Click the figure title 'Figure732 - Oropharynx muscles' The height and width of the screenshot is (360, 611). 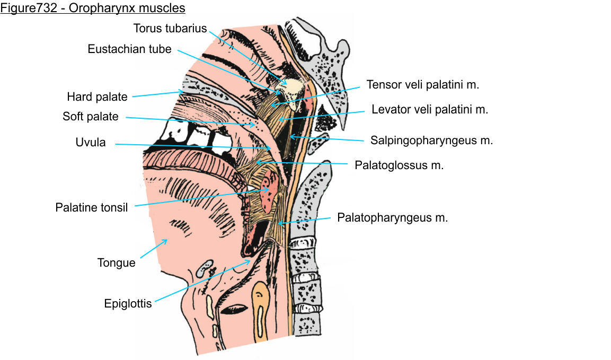click(x=93, y=8)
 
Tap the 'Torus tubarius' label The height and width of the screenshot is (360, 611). click(x=170, y=28)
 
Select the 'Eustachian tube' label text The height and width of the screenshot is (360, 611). click(x=130, y=49)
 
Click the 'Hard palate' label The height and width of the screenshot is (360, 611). click(x=97, y=97)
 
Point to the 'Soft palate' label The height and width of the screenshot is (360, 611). click(x=91, y=116)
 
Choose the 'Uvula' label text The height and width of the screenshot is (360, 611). click(x=91, y=143)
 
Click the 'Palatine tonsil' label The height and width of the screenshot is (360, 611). click(x=92, y=207)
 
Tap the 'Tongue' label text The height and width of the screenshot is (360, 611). click(x=117, y=262)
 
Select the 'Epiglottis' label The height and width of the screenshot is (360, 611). click(x=128, y=304)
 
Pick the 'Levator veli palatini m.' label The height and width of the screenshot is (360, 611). click(x=430, y=110)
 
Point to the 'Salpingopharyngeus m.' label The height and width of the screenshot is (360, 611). click(x=432, y=141)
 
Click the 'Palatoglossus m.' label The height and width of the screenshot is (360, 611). click(x=399, y=165)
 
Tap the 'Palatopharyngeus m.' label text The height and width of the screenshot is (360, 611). click(x=393, y=217)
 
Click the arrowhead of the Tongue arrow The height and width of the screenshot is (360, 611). click(x=167, y=240)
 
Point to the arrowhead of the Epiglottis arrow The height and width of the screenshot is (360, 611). click(x=250, y=260)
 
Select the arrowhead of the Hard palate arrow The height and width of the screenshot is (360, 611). click(x=184, y=92)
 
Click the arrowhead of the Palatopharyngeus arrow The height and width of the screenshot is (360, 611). click(x=279, y=224)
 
